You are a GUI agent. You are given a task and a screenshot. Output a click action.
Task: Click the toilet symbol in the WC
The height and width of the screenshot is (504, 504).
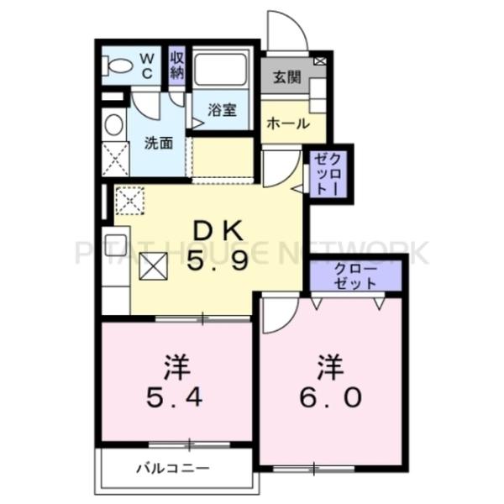[x=119, y=65]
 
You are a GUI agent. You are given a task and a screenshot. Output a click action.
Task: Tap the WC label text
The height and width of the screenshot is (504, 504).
[x=145, y=65]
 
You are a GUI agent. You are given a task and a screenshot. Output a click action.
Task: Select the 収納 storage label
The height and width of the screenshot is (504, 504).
[x=176, y=65]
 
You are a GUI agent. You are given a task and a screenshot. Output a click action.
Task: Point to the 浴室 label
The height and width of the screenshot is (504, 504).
[x=222, y=110]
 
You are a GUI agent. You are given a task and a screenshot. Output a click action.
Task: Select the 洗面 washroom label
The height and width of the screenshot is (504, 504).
[x=159, y=142]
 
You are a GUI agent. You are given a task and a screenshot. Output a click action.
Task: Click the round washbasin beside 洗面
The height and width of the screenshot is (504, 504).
[x=112, y=125]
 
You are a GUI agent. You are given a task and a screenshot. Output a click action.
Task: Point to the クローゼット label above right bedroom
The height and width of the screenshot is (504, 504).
[x=355, y=276]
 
